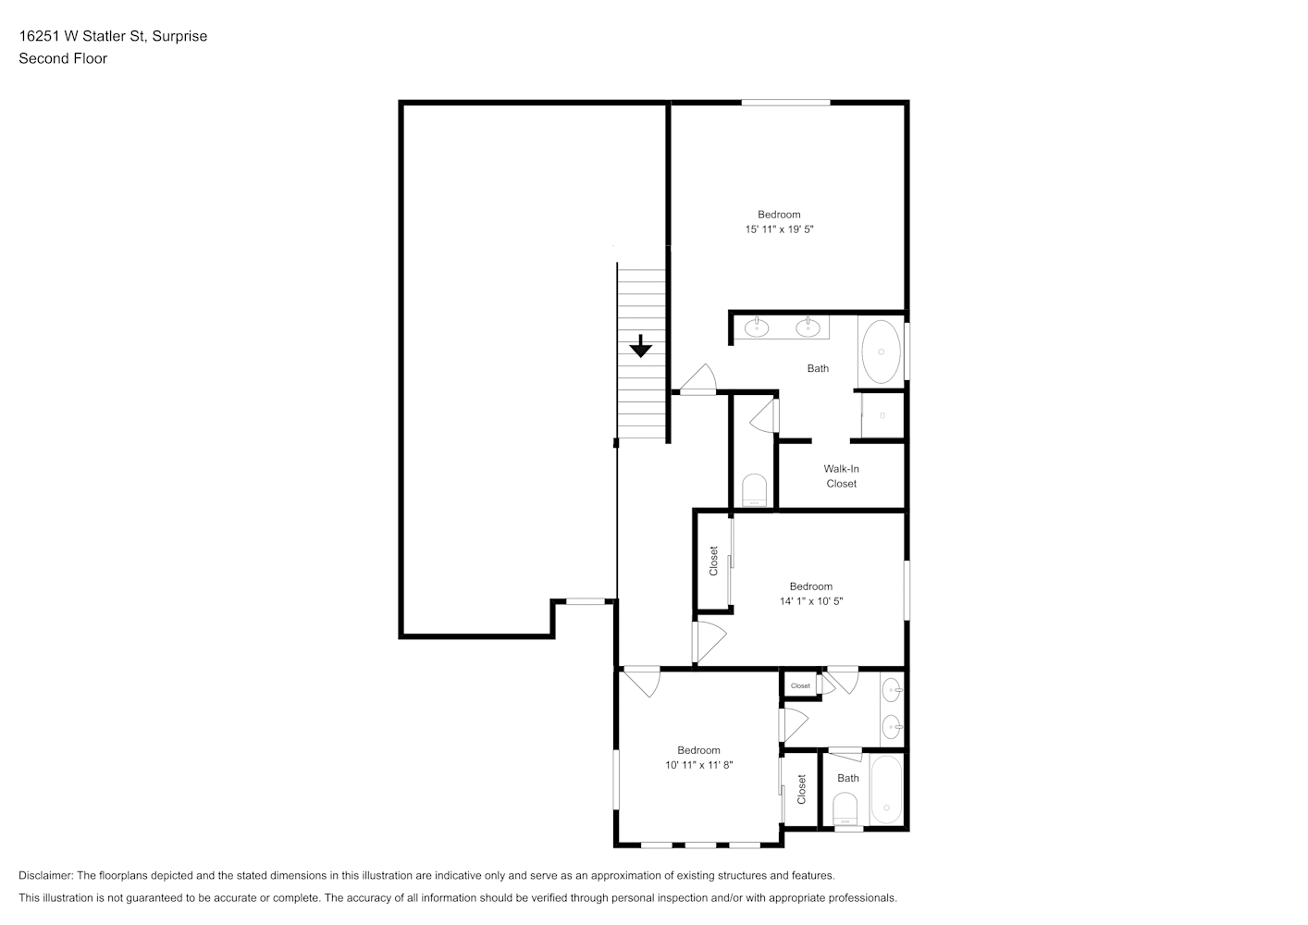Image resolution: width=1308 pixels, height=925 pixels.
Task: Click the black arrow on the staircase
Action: (640, 346)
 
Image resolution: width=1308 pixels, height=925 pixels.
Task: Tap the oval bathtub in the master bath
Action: (882, 351)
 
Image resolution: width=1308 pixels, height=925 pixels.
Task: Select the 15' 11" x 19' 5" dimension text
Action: (779, 229)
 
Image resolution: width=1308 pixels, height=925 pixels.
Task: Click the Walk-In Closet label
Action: (841, 476)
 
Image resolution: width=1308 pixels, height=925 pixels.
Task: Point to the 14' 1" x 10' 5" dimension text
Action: (811, 601)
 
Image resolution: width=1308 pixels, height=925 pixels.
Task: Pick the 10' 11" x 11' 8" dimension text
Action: (699, 764)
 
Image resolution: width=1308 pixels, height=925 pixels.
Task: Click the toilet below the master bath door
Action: (754, 490)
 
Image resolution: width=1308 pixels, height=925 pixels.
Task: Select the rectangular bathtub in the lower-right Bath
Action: (886, 790)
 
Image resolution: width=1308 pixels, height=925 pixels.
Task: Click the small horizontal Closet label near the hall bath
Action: (800, 685)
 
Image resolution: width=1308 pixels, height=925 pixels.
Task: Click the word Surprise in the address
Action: (179, 36)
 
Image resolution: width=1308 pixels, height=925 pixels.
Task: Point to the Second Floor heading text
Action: (63, 58)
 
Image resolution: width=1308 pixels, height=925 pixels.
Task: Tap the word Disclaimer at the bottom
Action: (46, 875)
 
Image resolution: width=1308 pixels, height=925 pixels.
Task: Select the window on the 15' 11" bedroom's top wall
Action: (785, 103)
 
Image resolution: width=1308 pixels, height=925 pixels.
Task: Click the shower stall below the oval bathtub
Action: (882, 415)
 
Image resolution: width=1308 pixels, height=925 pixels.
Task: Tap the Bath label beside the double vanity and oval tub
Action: (818, 368)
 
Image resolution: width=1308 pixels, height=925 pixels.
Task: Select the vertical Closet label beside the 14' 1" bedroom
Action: (713, 561)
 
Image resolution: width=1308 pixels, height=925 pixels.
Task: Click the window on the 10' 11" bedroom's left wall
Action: (616, 780)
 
